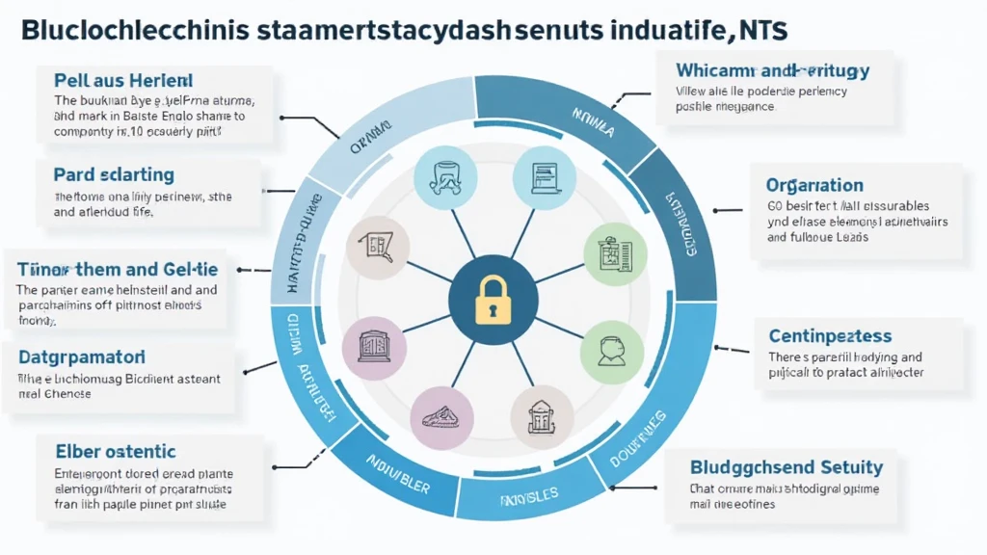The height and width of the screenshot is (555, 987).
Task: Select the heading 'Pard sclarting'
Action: tap(114, 174)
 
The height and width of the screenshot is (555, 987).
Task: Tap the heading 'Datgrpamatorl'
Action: tap(81, 357)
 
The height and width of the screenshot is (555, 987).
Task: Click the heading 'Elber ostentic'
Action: tap(116, 450)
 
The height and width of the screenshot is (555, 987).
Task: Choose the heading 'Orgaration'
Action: tap(814, 185)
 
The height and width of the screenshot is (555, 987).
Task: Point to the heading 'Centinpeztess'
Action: tap(830, 336)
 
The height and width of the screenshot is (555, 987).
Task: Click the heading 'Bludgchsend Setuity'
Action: tap(787, 467)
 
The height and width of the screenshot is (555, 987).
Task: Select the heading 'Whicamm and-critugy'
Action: tap(773, 70)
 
